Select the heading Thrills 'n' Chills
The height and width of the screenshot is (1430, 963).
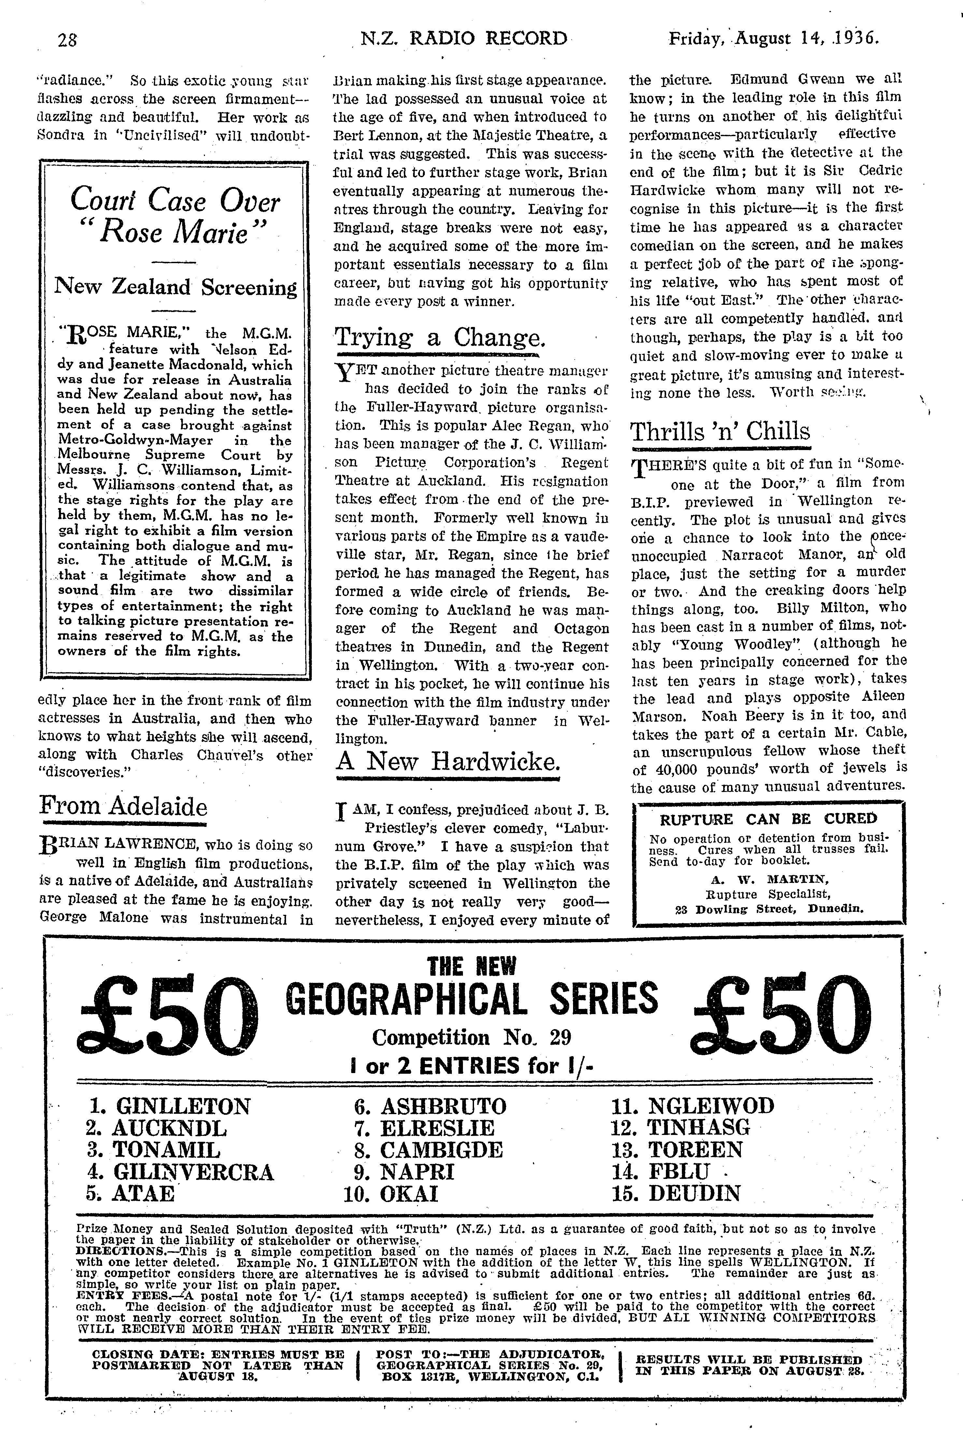tap(720, 431)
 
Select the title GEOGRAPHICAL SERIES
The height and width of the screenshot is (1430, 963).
tap(472, 999)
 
